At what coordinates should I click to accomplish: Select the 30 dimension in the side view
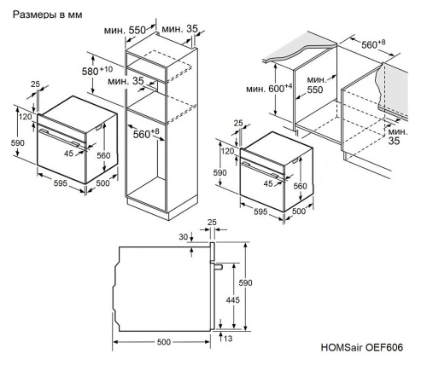pyautogui.click(x=184, y=237)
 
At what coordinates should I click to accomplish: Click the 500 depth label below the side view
pyautogui.click(x=163, y=343)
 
